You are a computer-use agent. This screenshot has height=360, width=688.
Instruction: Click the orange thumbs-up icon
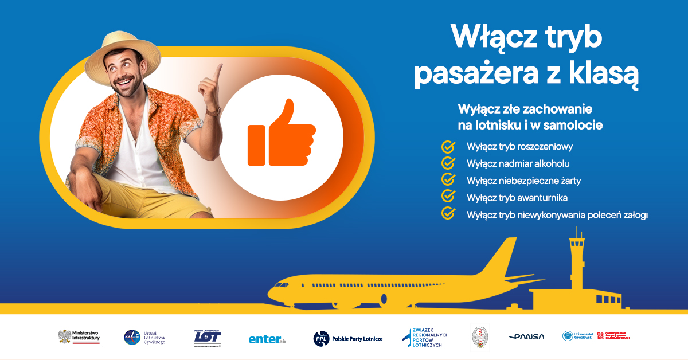click(x=281, y=134)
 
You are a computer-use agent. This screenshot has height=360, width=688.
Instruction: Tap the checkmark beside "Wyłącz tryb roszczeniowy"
click(x=448, y=147)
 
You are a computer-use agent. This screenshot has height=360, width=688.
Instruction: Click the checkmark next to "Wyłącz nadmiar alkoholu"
click(x=448, y=163)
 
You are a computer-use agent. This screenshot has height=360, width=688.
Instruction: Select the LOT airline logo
click(x=207, y=338)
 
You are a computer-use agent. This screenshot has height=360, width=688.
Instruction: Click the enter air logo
click(x=267, y=339)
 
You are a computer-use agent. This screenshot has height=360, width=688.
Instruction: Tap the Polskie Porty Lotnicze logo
click(x=347, y=338)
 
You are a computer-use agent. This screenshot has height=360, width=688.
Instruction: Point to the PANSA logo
click(x=526, y=337)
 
